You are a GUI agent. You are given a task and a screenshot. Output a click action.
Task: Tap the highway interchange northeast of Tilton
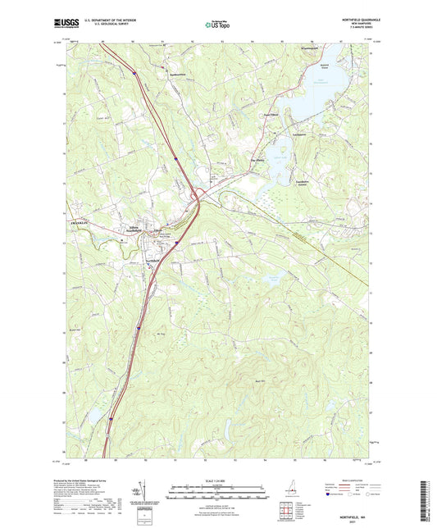click(197, 197)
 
